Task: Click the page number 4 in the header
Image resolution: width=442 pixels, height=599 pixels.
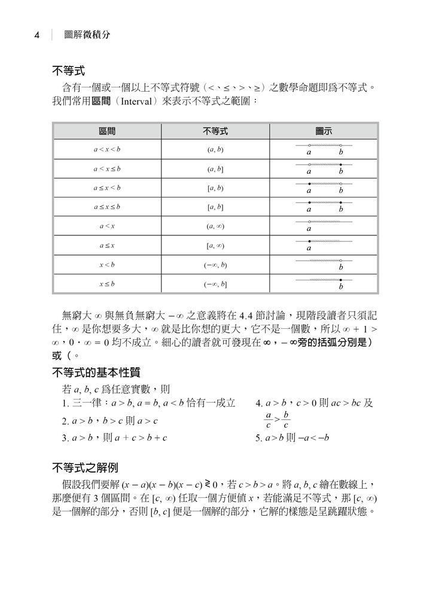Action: point(37,35)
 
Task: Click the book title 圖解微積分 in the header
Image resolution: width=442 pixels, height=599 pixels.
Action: point(87,35)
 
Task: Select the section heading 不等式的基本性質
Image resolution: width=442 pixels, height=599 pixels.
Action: point(96,373)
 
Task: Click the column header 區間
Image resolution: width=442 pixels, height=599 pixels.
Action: point(107,131)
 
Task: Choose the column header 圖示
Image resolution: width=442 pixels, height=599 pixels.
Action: point(324,131)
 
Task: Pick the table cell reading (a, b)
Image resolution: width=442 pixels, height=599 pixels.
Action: point(215,150)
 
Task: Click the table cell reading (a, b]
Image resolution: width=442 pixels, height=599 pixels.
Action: point(215,169)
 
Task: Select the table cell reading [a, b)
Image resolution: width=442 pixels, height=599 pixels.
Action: point(215,188)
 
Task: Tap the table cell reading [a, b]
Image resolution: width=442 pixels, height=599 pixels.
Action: point(215,207)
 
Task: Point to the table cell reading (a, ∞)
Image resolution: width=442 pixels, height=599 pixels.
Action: point(215,226)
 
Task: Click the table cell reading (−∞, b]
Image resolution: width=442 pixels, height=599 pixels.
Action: point(215,284)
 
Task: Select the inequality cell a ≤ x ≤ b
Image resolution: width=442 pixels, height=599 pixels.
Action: point(107,207)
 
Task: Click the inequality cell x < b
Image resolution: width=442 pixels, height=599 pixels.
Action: point(107,265)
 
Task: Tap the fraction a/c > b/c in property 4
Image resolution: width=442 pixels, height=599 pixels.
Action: point(277,420)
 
